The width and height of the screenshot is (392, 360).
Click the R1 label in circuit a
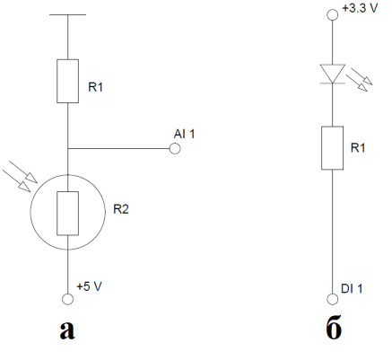coord(95,87)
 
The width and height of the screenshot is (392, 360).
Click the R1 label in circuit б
coord(358,147)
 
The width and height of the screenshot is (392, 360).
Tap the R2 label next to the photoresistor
coord(121,209)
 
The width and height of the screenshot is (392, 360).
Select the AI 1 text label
coord(184,134)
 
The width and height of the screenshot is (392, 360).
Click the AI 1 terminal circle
coord(175,148)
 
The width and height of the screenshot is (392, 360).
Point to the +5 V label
coord(89,286)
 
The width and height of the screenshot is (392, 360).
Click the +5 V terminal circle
coord(67,299)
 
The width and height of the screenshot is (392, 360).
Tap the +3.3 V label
coord(360,8)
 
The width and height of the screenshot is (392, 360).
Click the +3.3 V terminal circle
coord(332,14)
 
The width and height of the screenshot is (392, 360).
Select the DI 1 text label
coord(352,288)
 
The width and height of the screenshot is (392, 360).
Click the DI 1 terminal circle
coord(332,299)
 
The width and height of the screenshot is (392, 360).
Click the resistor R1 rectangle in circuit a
coord(68,81)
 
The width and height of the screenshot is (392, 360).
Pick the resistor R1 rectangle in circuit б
coord(332,148)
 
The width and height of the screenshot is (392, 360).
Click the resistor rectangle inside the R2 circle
coord(68,214)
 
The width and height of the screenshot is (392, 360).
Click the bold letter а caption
coord(67,330)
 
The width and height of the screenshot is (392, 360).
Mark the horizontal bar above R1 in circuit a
coord(68,14)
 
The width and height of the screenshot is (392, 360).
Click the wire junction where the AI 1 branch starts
coord(68,148)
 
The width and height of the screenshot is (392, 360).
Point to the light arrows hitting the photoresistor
coord(20,176)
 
